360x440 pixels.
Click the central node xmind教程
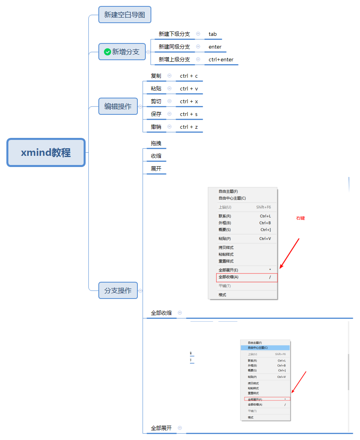point(46,152)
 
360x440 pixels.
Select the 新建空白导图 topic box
point(125,15)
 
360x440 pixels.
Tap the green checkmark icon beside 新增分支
point(107,52)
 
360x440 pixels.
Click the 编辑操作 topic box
point(118,106)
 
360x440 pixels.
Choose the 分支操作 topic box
point(118,291)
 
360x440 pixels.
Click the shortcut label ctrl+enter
point(221,60)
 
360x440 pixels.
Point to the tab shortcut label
point(213,34)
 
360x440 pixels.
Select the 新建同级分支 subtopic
point(174,47)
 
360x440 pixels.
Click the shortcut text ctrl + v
point(189,88)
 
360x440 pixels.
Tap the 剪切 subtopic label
point(156,101)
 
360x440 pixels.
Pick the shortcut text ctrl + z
point(189,127)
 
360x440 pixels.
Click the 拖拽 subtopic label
point(156,143)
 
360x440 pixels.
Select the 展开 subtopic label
point(156,169)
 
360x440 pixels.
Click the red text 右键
point(300,218)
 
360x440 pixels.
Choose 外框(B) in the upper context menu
point(225,223)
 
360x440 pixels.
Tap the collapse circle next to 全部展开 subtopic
point(180,428)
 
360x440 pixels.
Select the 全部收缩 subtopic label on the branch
point(161,313)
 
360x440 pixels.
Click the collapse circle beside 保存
point(169,114)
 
